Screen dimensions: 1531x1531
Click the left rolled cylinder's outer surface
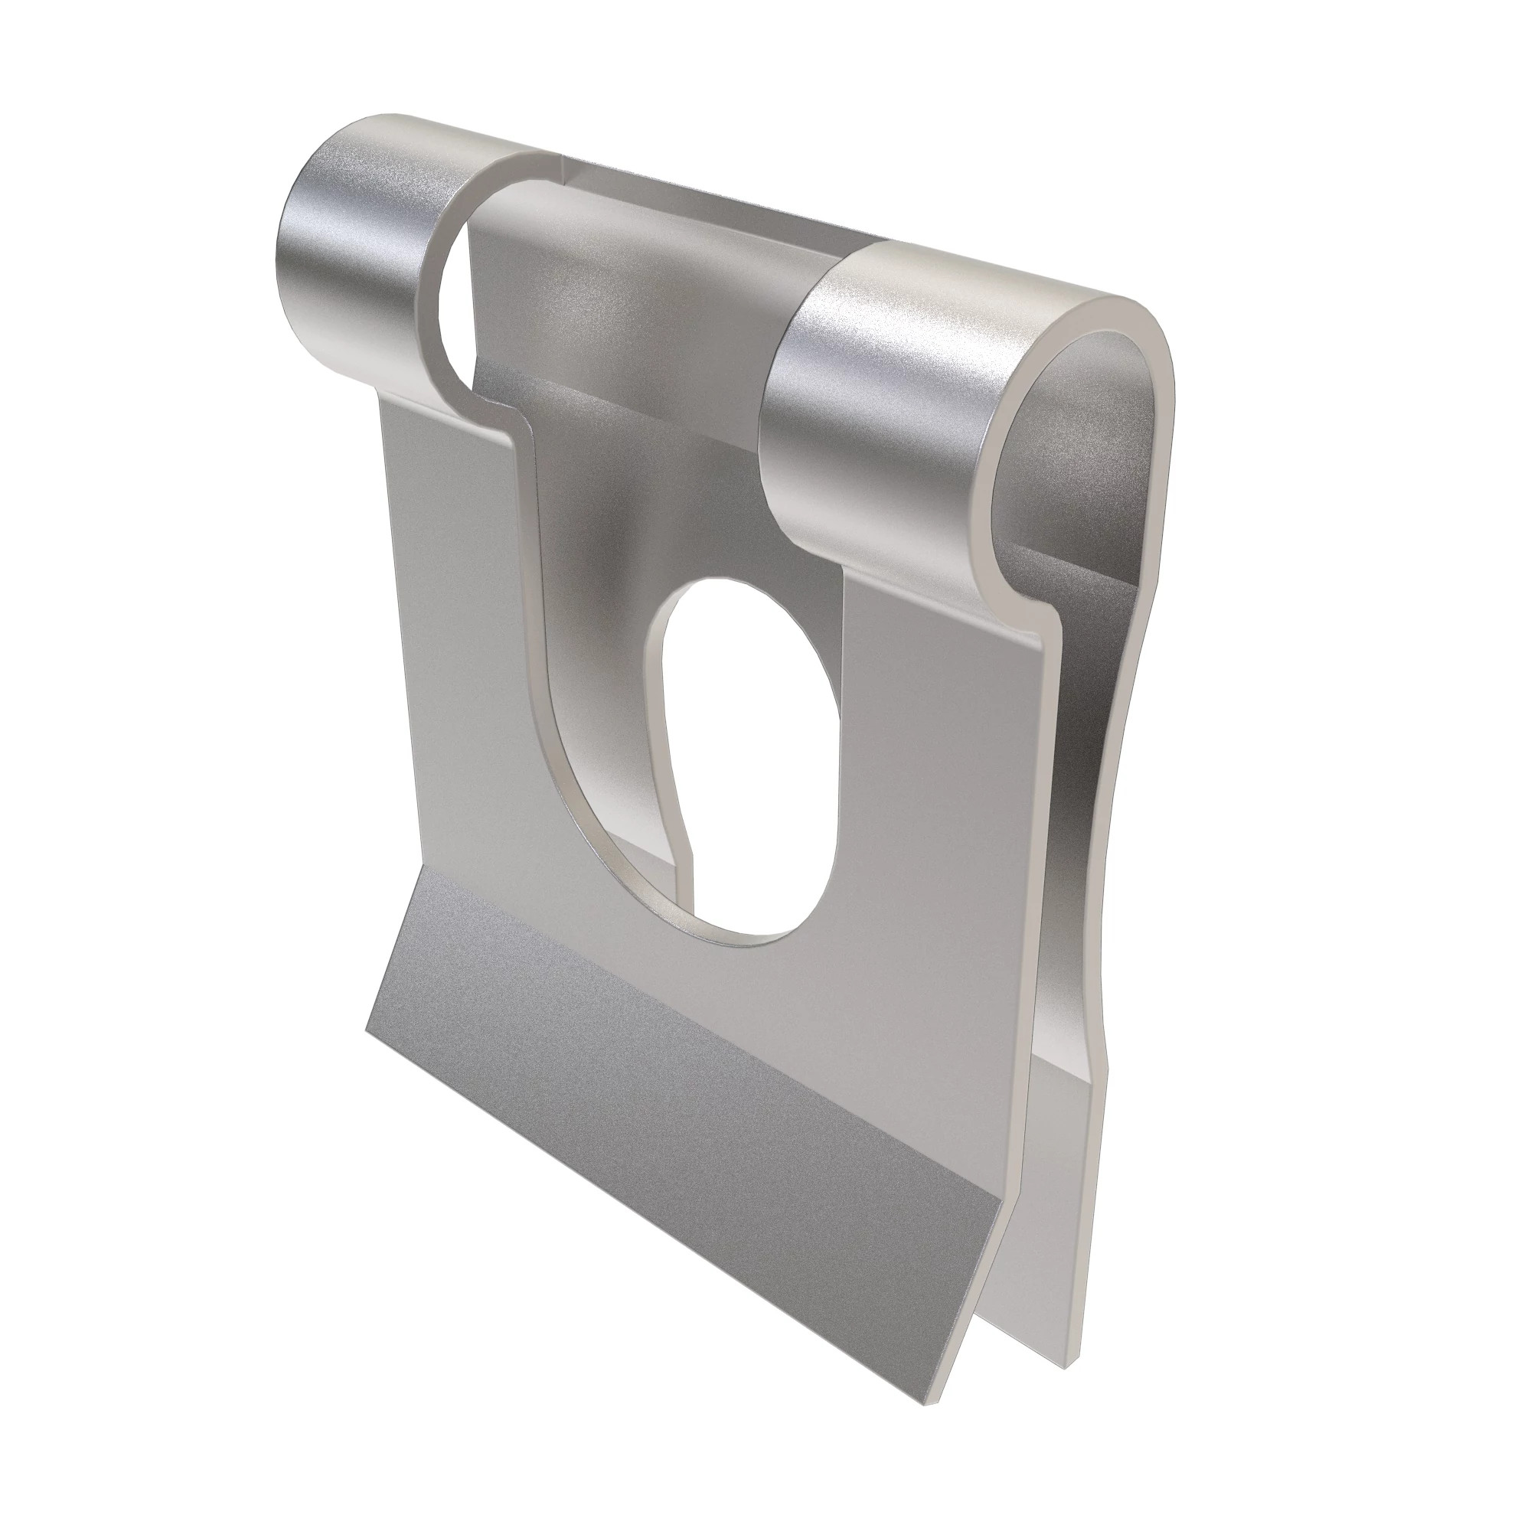pos(348,253)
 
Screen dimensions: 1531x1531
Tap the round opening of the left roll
pos(452,286)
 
